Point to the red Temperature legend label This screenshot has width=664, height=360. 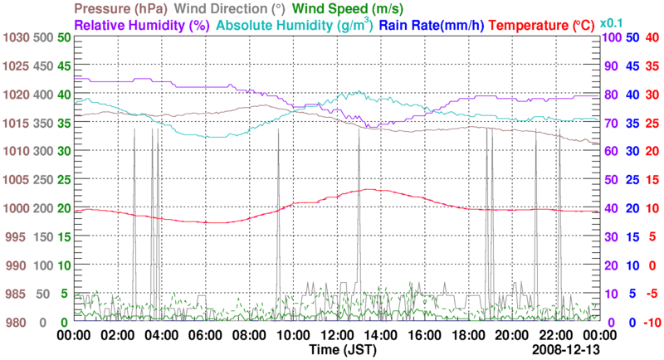point(542,26)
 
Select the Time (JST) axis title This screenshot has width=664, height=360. point(344,350)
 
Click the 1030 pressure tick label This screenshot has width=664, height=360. point(14,37)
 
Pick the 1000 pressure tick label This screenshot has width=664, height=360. point(14,208)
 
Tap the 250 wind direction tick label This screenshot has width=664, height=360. point(45,179)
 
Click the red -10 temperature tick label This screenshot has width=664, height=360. point(652,322)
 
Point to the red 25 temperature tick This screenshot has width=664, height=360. point(652,123)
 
